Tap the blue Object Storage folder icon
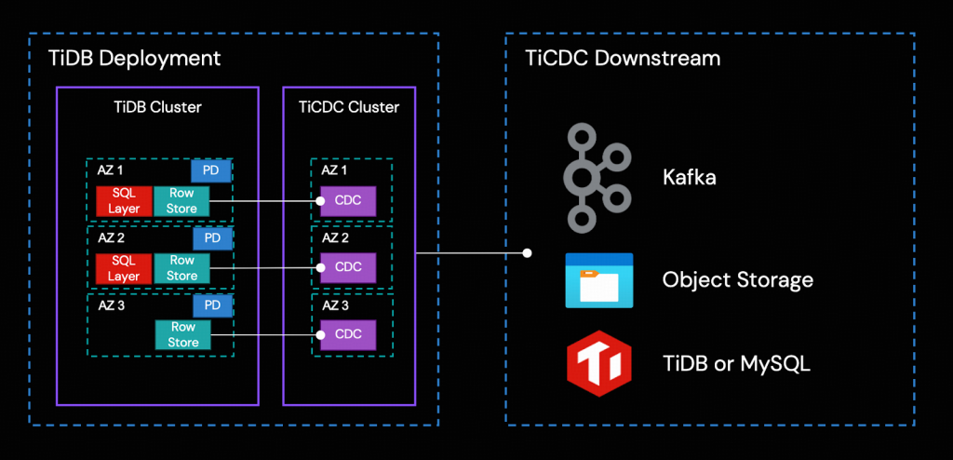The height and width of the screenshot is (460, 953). pos(599,280)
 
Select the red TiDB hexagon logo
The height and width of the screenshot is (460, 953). pos(599,363)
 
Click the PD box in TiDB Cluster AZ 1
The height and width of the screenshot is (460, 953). pos(212,170)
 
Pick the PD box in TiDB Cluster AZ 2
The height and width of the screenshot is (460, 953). pos(212,238)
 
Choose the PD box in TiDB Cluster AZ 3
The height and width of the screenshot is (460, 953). pos(212,305)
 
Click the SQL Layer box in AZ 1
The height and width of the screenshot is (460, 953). pos(124,201)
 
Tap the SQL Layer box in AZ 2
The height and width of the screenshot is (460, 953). pos(124,269)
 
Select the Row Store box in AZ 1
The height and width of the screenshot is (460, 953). pos(182,201)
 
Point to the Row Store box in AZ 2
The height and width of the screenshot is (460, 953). pos(182,269)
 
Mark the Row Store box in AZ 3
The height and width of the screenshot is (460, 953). pos(182,335)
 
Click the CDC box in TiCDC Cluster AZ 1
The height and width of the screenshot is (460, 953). pos(348,201)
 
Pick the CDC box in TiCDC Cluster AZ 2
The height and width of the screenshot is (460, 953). pos(348,268)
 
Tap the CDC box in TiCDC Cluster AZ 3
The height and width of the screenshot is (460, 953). pos(348,335)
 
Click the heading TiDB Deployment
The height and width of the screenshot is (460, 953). pos(135,59)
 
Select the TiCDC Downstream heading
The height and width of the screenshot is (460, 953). pos(623,59)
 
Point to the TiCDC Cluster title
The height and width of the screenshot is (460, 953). pos(348,107)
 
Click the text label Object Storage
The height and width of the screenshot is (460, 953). pos(737,279)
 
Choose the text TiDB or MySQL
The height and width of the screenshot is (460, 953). pos(736,363)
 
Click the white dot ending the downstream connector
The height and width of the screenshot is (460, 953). pos(528,252)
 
